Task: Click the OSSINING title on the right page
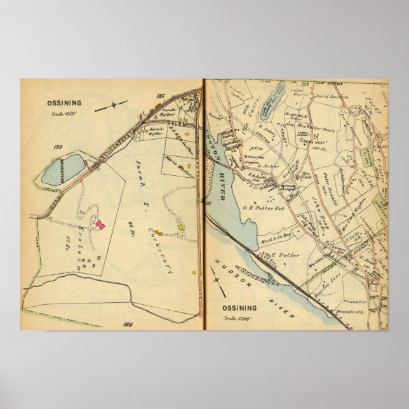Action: pyautogui.click(x=239, y=308)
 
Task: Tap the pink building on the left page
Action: pyautogui.click(x=100, y=224)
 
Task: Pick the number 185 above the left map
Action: pyautogui.click(x=160, y=95)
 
